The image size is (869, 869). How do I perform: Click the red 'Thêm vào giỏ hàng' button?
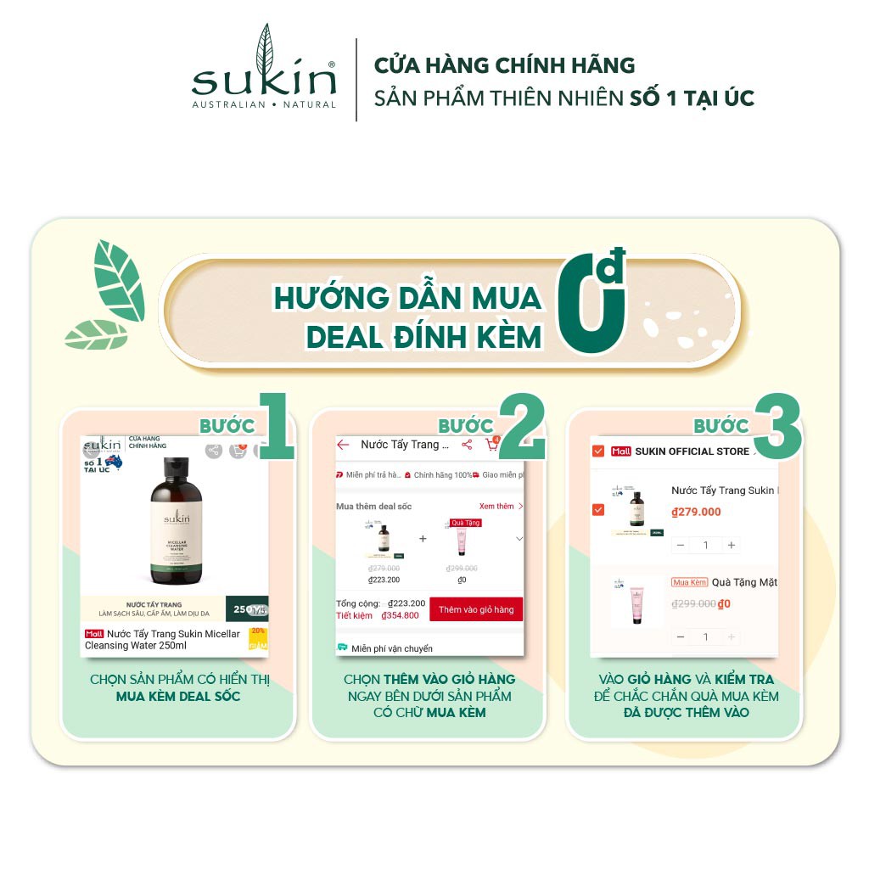point(476,609)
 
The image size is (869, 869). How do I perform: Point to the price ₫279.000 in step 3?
point(696,512)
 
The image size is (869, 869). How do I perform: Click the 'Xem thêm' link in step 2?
point(496,506)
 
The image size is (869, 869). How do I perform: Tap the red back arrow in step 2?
point(343,445)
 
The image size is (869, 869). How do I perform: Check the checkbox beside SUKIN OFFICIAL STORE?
point(598,451)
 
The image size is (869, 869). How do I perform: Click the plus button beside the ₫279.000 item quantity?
point(732,545)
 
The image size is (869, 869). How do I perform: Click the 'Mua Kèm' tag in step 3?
point(689,582)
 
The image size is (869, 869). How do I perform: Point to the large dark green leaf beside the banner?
point(119,281)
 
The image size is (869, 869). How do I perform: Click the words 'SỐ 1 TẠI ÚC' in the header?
point(692,98)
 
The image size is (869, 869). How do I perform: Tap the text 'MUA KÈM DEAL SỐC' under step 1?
point(178,697)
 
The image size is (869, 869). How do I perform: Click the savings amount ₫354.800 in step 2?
point(400,615)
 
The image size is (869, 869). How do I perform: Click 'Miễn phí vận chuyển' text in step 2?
point(391,648)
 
